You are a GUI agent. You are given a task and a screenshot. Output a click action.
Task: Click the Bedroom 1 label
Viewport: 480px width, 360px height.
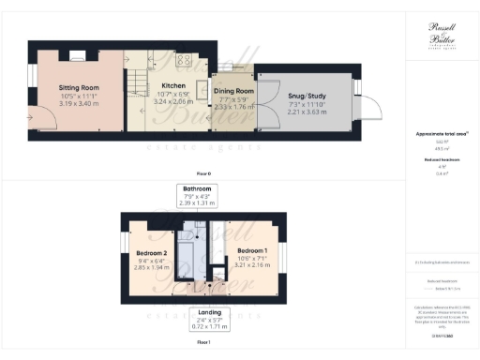point(251,251)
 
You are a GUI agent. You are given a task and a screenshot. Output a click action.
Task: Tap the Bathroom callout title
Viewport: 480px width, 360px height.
point(198,188)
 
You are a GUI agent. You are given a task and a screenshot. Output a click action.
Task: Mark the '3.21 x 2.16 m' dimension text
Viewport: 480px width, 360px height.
point(251,267)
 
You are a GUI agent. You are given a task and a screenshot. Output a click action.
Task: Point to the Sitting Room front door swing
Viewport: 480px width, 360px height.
point(41,116)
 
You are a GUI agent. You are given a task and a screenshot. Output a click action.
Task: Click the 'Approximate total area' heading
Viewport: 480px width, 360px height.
point(440,134)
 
